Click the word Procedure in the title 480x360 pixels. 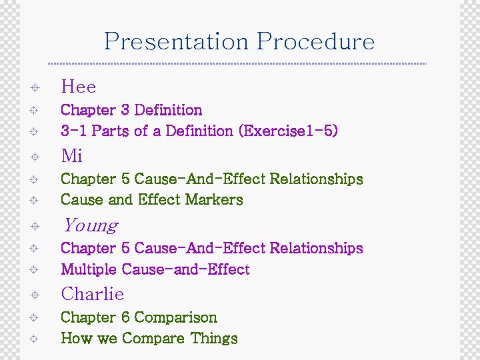click(316, 42)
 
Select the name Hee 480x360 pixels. click(79, 87)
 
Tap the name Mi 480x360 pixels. click(72, 156)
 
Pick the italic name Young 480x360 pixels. click(90, 225)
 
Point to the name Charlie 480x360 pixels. click(93, 294)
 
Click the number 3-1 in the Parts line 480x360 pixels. click(74, 131)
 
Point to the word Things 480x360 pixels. click(214, 339)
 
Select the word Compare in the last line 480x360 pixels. click(153, 339)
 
